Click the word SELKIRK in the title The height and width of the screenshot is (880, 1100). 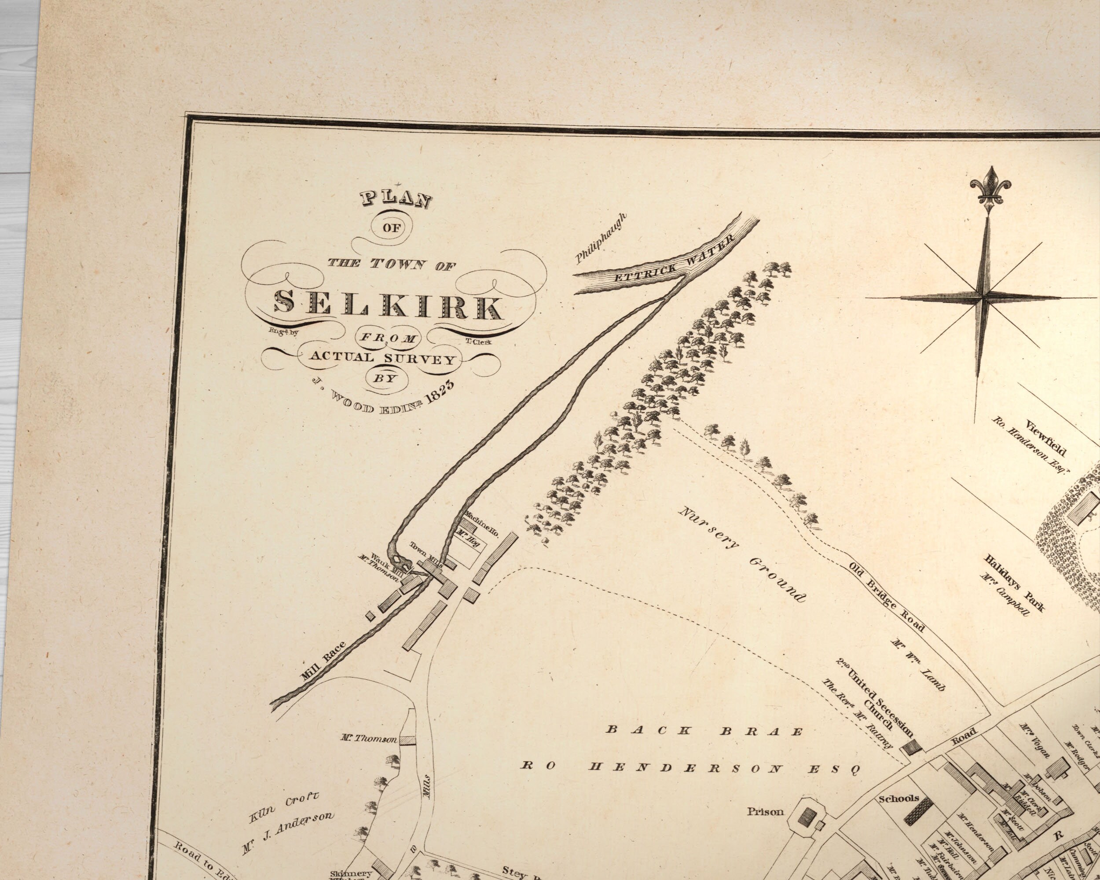click(388, 305)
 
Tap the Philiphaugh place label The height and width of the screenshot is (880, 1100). click(601, 238)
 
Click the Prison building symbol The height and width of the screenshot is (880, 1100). click(806, 820)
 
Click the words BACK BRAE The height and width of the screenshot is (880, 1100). click(704, 730)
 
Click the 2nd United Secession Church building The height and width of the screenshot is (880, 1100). click(912, 748)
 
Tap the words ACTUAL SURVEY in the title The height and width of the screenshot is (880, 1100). click(381, 358)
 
